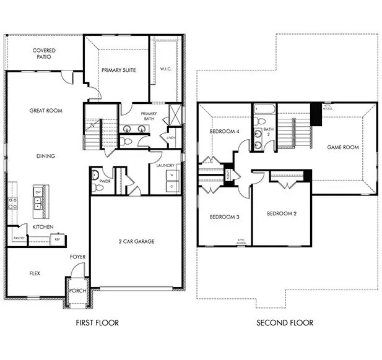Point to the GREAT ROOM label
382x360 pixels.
(46, 111)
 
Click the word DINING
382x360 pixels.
(46, 156)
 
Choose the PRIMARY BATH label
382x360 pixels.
(149, 117)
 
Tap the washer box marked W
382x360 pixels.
(171, 175)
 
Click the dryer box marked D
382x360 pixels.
(171, 186)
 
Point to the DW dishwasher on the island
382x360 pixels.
(38, 192)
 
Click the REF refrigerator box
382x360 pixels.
(57, 239)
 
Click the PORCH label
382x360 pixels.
(78, 291)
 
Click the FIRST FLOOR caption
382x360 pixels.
(97, 322)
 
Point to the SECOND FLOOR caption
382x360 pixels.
(285, 322)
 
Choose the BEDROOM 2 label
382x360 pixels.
(282, 214)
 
